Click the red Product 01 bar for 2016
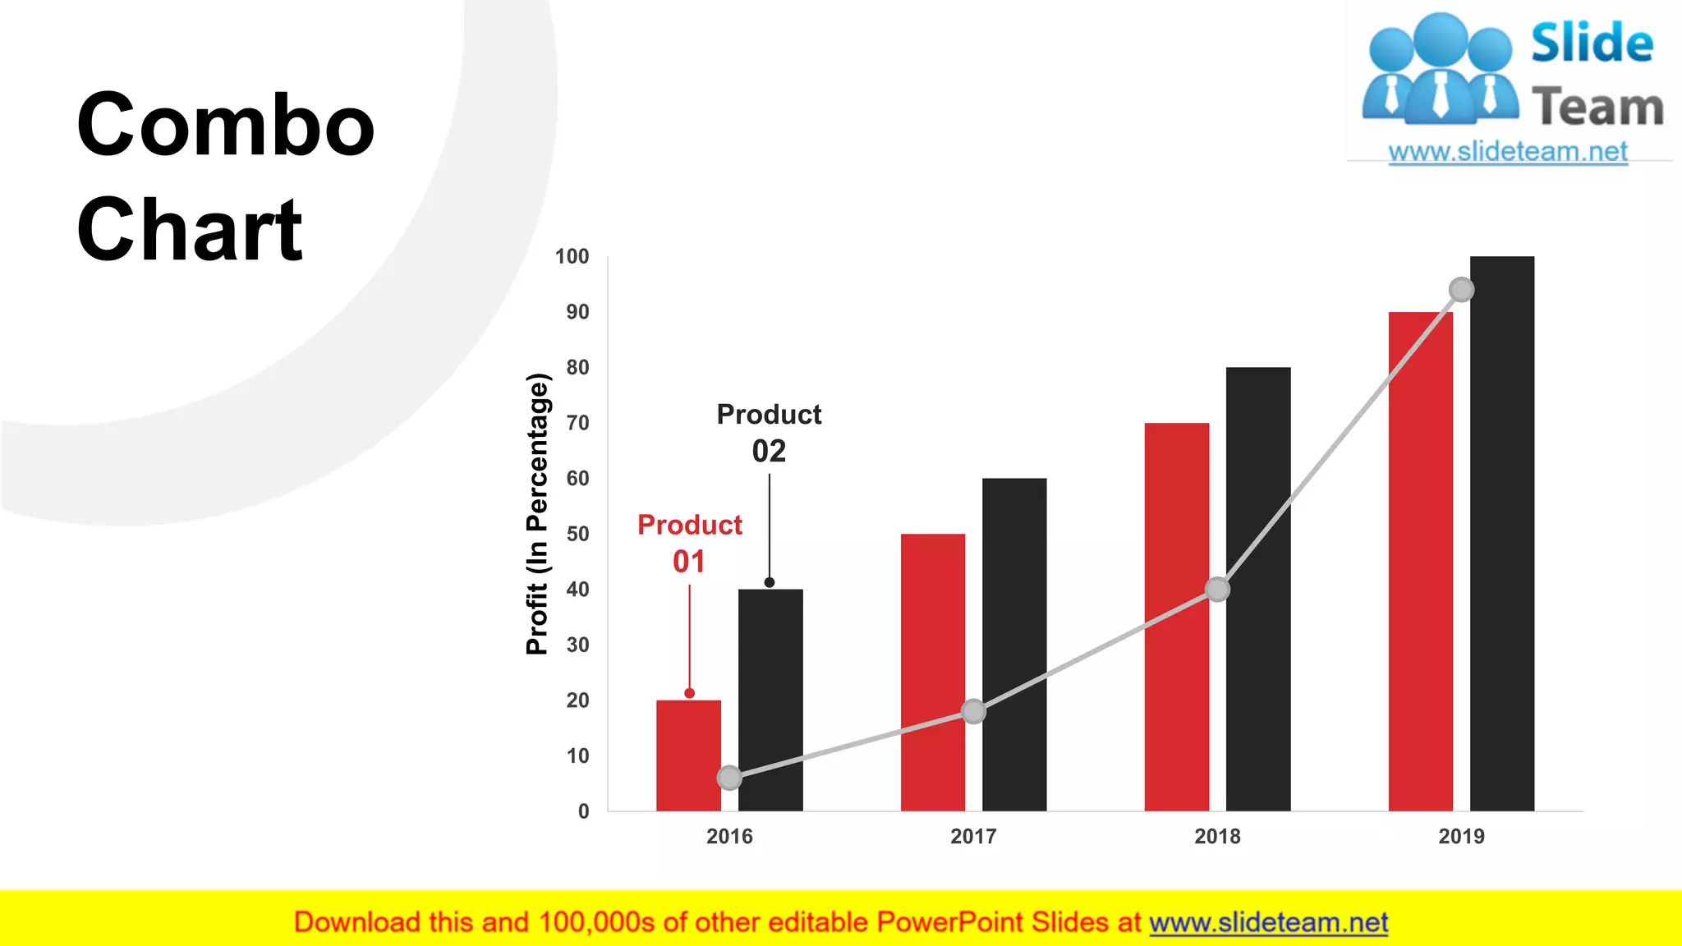coord(688,739)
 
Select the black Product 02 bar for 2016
coord(770,682)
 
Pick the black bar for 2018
coord(1258,493)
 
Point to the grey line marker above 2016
coord(729,778)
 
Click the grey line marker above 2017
coord(973,711)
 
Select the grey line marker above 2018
coord(1217,589)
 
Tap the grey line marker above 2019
coord(1461,289)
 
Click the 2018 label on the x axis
coord(1217,836)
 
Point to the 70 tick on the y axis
coord(577,423)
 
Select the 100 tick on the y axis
coord(572,256)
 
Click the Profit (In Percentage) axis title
coord(536,513)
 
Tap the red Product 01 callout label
coord(690,542)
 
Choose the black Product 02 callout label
coord(769,432)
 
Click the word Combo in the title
coord(225,125)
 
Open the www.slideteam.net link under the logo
coord(1508,151)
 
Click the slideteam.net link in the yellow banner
coord(1268,922)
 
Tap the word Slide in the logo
coord(1592,43)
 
